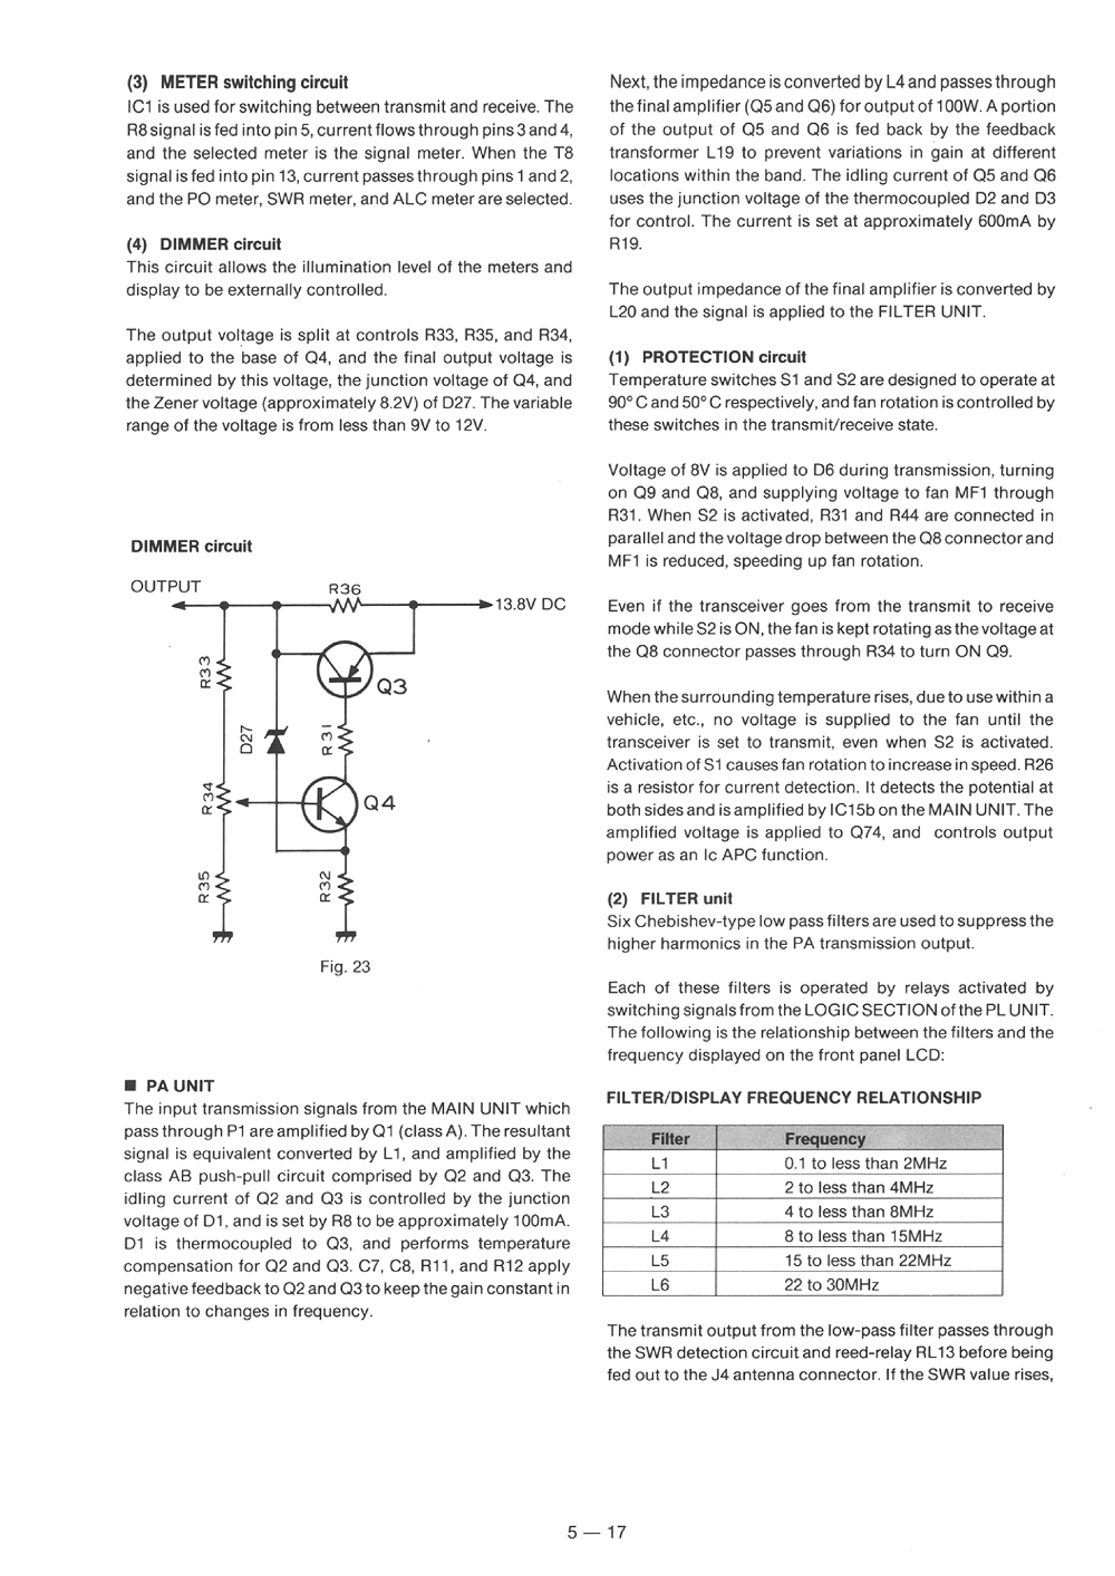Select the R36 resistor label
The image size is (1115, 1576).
(345, 589)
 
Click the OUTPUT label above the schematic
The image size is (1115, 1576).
(165, 586)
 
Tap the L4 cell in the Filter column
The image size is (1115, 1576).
(659, 1236)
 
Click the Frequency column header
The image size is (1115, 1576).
(825, 1139)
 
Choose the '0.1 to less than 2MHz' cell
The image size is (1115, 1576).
(865, 1163)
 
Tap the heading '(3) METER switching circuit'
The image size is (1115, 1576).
(237, 83)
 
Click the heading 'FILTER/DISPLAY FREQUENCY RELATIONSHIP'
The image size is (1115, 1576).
(794, 1098)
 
